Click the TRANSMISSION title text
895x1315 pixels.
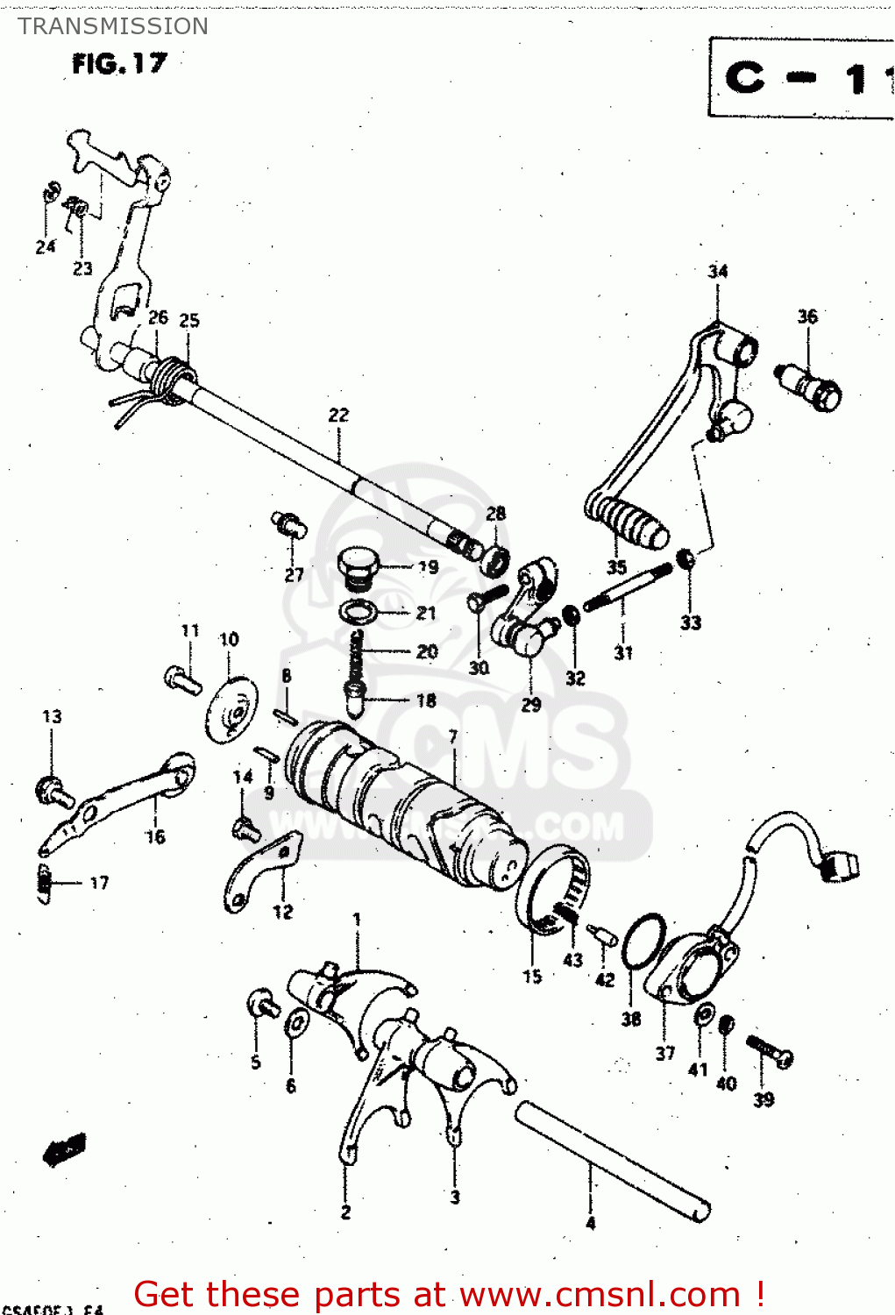[x=113, y=26]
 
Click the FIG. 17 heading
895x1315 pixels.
[x=119, y=64]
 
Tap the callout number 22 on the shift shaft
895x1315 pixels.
[x=338, y=415]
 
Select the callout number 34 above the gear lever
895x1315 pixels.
[x=718, y=271]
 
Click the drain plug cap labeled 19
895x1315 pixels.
[x=358, y=566]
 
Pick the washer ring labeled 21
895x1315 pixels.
[x=359, y=611]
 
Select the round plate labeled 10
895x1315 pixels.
[x=232, y=710]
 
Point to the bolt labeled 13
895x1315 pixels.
[x=53, y=791]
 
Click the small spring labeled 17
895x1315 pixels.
[x=44, y=882]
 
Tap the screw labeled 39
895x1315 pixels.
[x=770, y=1051]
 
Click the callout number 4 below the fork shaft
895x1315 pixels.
[x=590, y=1223]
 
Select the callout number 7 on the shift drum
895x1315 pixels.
[x=452, y=736]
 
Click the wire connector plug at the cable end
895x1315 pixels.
[x=841, y=865]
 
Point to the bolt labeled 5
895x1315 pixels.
[x=262, y=1003]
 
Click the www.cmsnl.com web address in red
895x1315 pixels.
[x=600, y=1294]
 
